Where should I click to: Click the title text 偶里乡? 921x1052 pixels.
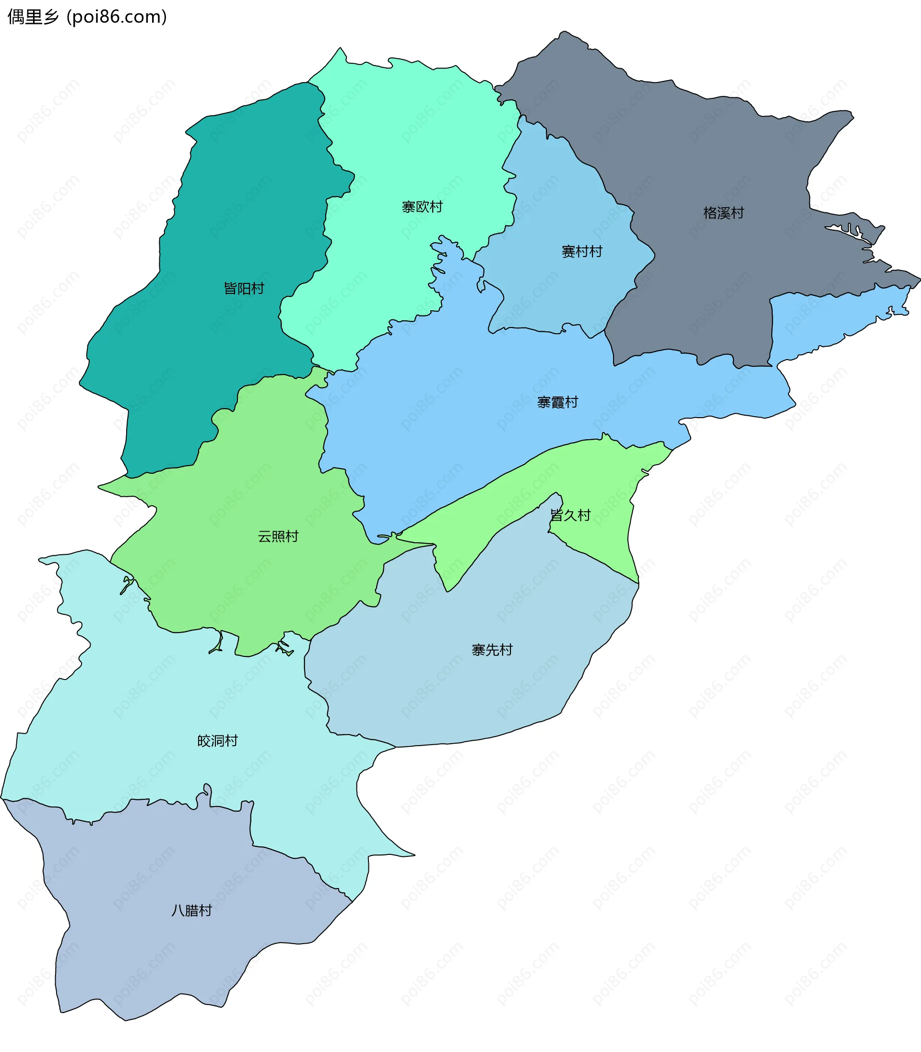point(34,17)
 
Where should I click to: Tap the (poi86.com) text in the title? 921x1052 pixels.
point(117,17)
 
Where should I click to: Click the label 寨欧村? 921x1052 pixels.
point(422,207)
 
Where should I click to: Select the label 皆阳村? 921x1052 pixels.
point(244,289)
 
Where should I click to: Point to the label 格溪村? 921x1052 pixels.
point(724,213)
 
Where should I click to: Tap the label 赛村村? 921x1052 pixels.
point(582,252)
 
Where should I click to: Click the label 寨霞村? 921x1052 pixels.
point(557,402)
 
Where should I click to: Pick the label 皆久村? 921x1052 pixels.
point(570,515)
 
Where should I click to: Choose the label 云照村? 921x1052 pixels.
point(278,537)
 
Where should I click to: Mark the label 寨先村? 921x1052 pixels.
point(492,650)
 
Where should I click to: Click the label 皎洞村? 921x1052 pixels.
point(218,741)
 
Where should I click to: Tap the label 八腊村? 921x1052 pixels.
point(192,911)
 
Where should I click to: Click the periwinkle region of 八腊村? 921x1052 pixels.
point(154,950)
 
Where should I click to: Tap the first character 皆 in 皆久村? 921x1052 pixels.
point(557,515)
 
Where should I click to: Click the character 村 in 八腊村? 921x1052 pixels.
point(206,911)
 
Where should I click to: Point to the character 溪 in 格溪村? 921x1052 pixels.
point(724,213)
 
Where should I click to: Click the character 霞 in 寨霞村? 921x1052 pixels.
point(557,402)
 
